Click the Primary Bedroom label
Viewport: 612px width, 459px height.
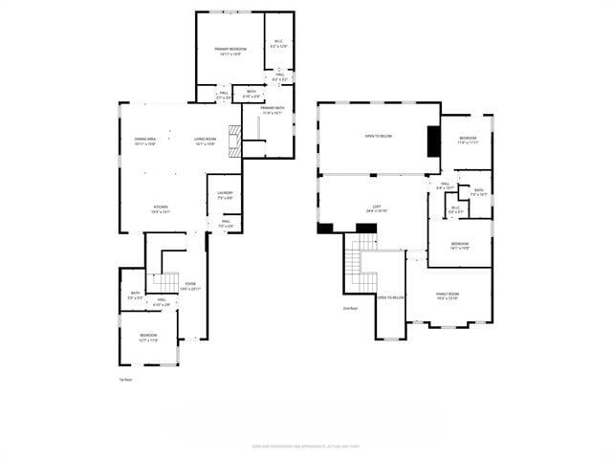pyautogui.click(x=229, y=49)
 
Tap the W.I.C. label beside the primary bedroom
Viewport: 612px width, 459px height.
pyautogui.click(x=279, y=43)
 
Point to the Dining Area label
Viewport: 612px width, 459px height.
pyautogui.click(x=145, y=141)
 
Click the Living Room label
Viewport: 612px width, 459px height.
pyautogui.click(x=205, y=141)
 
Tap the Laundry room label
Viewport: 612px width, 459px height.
pyautogui.click(x=225, y=194)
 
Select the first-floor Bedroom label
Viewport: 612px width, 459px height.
pyautogui.click(x=148, y=336)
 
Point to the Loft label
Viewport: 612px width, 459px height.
pyautogui.click(x=377, y=208)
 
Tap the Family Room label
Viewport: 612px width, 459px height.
pyautogui.click(x=447, y=295)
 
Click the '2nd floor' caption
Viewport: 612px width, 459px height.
pyautogui.click(x=350, y=308)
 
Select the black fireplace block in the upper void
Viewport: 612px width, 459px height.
pyautogui.click(x=434, y=141)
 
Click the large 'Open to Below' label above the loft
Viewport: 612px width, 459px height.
pyautogui.click(x=378, y=136)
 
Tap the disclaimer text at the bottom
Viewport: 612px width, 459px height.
pyautogui.click(x=305, y=445)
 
